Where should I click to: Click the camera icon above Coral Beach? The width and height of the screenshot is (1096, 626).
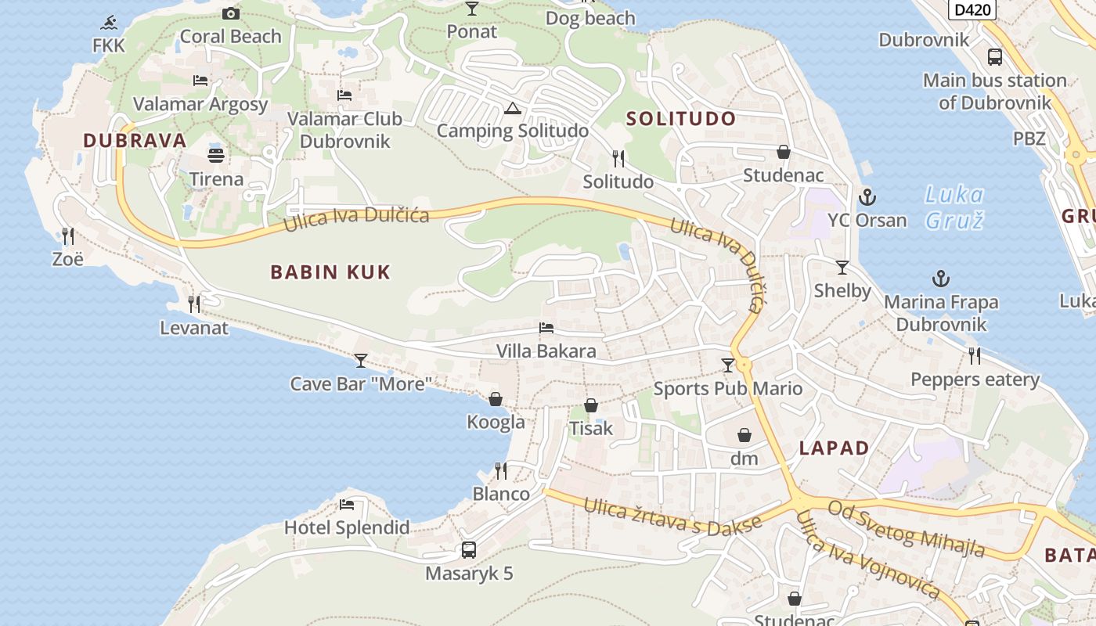pos(230,13)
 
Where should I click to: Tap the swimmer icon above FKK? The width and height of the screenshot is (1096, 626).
pos(109,21)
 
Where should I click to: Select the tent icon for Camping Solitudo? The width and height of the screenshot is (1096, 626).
pos(512,107)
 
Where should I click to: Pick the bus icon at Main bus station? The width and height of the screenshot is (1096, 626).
pos(994,57)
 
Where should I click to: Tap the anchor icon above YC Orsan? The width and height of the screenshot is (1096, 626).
pos(867,196)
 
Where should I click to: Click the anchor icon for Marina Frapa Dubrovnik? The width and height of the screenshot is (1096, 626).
pos(940,279)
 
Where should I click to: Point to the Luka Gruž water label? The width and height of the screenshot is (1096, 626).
pos(954,207)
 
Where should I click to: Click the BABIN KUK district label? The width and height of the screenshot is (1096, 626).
pos(330,272)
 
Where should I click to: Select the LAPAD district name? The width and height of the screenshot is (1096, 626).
pos(834,448)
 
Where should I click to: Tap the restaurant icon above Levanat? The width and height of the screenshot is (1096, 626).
pos(193,304)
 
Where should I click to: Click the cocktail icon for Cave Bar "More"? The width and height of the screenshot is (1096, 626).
pos(360,360)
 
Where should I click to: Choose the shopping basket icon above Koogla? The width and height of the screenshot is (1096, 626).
pos(496,399)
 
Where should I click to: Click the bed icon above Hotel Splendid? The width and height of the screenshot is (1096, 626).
pos(346,504)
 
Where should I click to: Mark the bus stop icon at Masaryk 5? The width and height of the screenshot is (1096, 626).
pos(468,550)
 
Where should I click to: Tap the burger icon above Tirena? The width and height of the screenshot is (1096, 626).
pos(216,155)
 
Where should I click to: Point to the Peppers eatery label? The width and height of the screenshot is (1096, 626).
pos(975,380)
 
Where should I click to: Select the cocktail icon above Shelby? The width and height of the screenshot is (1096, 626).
pos(842,268)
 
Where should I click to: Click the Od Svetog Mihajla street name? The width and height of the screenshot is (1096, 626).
pos(906,530)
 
